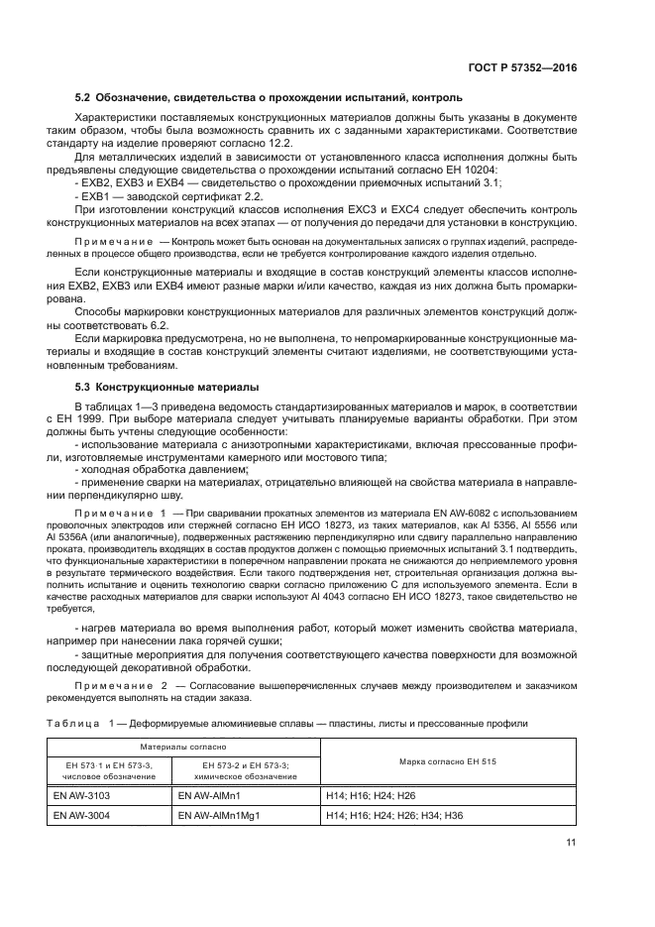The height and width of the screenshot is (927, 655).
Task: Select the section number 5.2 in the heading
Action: (84, 100)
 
